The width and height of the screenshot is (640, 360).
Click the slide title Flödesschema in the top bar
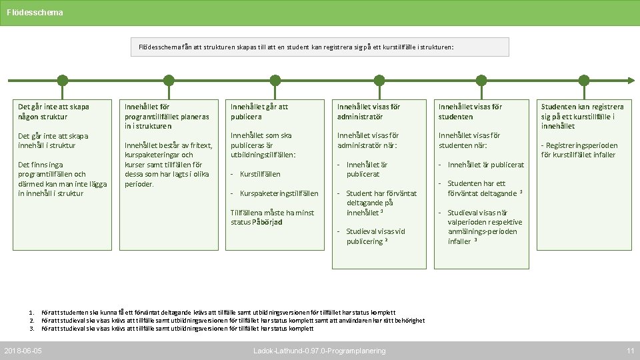coord(35,12)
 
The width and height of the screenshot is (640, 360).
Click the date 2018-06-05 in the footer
coord(23,351)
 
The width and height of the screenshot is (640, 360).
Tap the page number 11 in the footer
coord(630,351)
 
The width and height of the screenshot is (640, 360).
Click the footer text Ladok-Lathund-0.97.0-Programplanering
coord(319,351)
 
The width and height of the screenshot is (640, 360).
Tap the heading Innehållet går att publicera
coord(259,111)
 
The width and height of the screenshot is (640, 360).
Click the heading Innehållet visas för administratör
coord(369,111)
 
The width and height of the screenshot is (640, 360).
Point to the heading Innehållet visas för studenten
coord(470,111)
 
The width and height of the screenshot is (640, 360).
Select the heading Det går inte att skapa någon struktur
coord(53,111)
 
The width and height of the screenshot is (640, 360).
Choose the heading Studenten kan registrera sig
coord(582,116)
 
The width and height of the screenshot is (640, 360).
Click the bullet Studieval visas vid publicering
coord(375,237)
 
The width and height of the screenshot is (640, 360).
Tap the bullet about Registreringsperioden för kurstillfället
coord(579,150)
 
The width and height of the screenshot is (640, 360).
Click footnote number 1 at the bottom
coord(31,312)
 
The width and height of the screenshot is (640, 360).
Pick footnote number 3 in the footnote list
coord(31,328)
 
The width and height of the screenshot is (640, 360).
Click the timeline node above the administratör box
coord(379,81)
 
